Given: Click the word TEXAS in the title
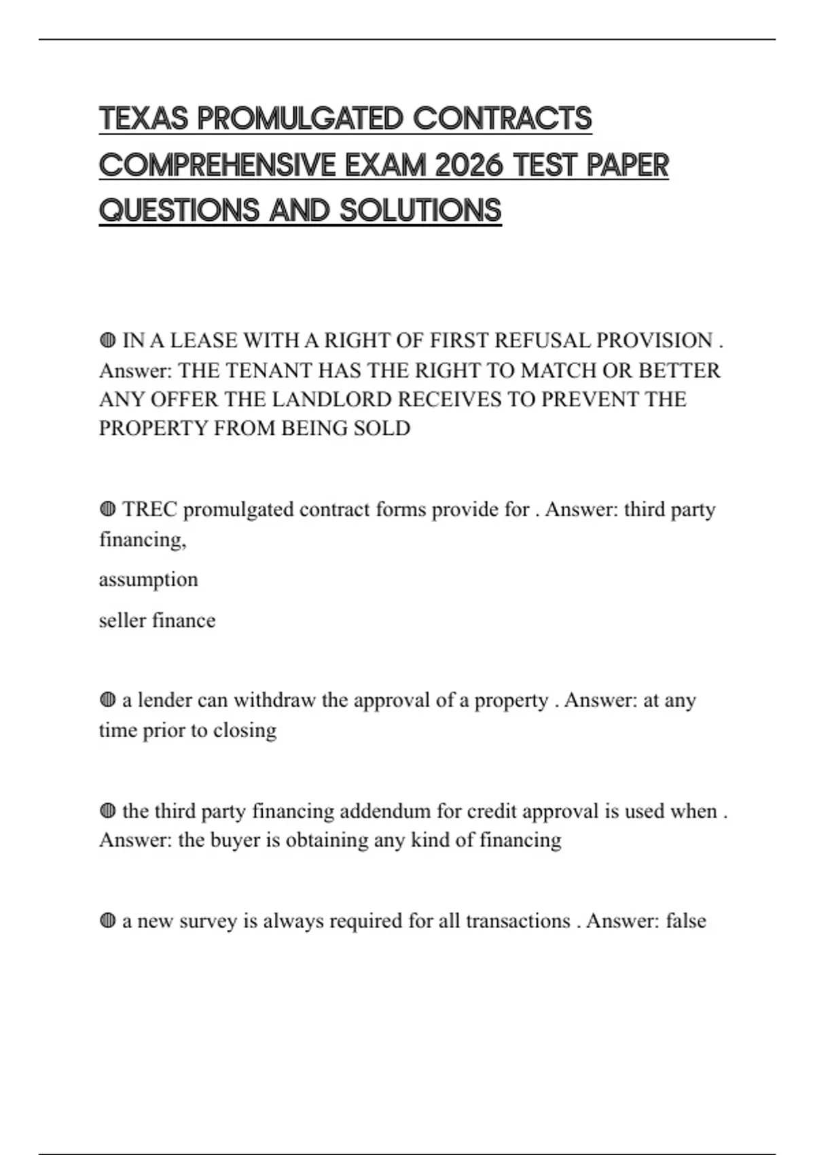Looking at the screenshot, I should [x=143, y=119].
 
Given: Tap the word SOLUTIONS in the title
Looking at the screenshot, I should [x=420, y=211].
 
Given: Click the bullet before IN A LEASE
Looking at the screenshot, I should [x=107, y=340].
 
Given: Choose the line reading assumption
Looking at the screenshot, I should [x=148, y=580].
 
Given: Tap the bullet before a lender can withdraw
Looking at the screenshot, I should [x=107, y=700].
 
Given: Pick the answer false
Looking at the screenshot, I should [x=686, y=921].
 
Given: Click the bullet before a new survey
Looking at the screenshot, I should [x=107, y=921].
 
